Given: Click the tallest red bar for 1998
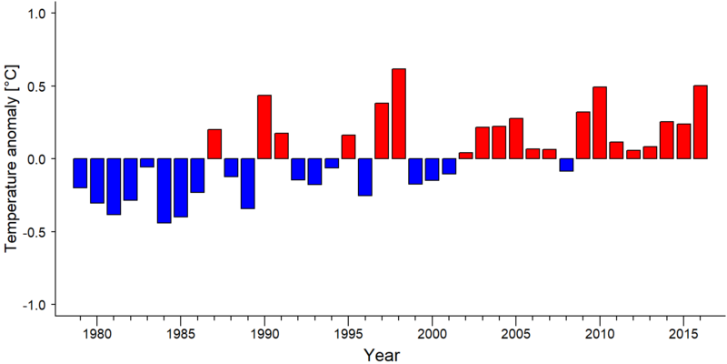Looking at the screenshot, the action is click(399, 114).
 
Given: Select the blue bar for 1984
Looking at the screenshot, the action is click(164, 191).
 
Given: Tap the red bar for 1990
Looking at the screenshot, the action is click(264, 126).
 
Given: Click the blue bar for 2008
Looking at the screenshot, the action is click(566, 165).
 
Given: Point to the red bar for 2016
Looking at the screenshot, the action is click(701, 122).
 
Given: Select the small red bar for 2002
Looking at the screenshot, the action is click(466, 156).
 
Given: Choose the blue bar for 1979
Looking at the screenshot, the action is click(80, 173).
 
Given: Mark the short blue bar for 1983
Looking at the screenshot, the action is click(147, 163).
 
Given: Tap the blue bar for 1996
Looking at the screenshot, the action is click(365, 177).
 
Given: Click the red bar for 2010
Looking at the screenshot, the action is click(600, 123).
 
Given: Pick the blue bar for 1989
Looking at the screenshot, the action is click(248, 184).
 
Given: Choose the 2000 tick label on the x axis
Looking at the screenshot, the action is click(433, 335).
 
